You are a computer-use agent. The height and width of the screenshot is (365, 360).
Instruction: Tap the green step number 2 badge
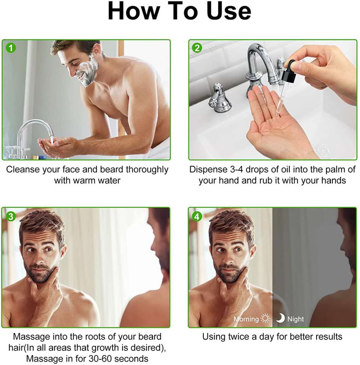pos(197,48)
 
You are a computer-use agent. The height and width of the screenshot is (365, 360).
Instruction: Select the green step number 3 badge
pos(11,216)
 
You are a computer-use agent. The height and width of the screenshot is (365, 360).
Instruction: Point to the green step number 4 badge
pos(197,216)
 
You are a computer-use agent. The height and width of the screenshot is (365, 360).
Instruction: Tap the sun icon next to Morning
pos(266,319)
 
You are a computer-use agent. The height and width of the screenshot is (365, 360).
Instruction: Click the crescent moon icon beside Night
pos(280,318)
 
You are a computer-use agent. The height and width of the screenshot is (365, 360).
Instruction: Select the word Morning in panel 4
pos(246,319)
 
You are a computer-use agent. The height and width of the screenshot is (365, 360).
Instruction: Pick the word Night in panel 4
pos(296,319)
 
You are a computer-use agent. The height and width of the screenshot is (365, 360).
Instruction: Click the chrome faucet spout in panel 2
pos(259,56)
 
